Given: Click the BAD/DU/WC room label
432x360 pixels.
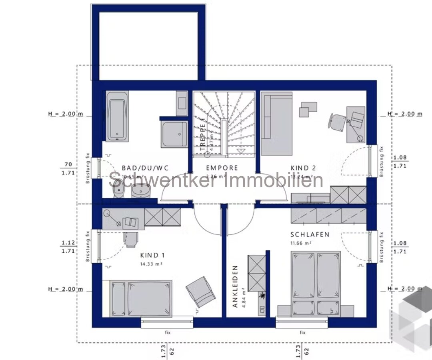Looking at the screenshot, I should tap(139, 168).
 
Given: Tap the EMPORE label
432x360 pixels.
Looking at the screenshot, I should tap(222, 168).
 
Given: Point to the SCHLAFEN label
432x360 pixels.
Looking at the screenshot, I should tap(310, 234).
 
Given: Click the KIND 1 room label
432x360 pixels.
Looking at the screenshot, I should tap(152, 255).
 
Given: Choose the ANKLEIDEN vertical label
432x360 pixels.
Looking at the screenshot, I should tap(235, 286).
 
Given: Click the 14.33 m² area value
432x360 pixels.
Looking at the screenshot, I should tap(152, 264).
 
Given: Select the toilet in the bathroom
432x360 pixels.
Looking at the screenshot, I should tap(118, 194).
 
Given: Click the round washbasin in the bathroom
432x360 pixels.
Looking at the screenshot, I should tap(141, 193).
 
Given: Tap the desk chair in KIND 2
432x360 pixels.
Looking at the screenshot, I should tap(337, 121).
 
